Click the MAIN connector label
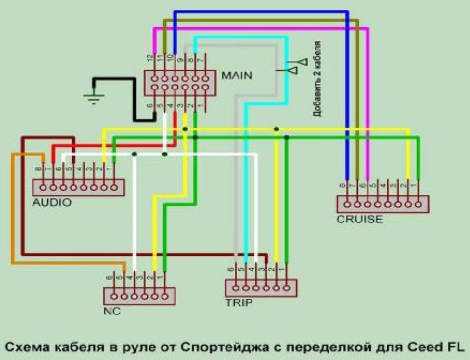(237, 75)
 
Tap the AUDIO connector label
(52, 202)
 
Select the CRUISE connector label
(360, 219)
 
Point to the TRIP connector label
(239, 303)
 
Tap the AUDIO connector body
(78, 187)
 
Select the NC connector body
(139, 296)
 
